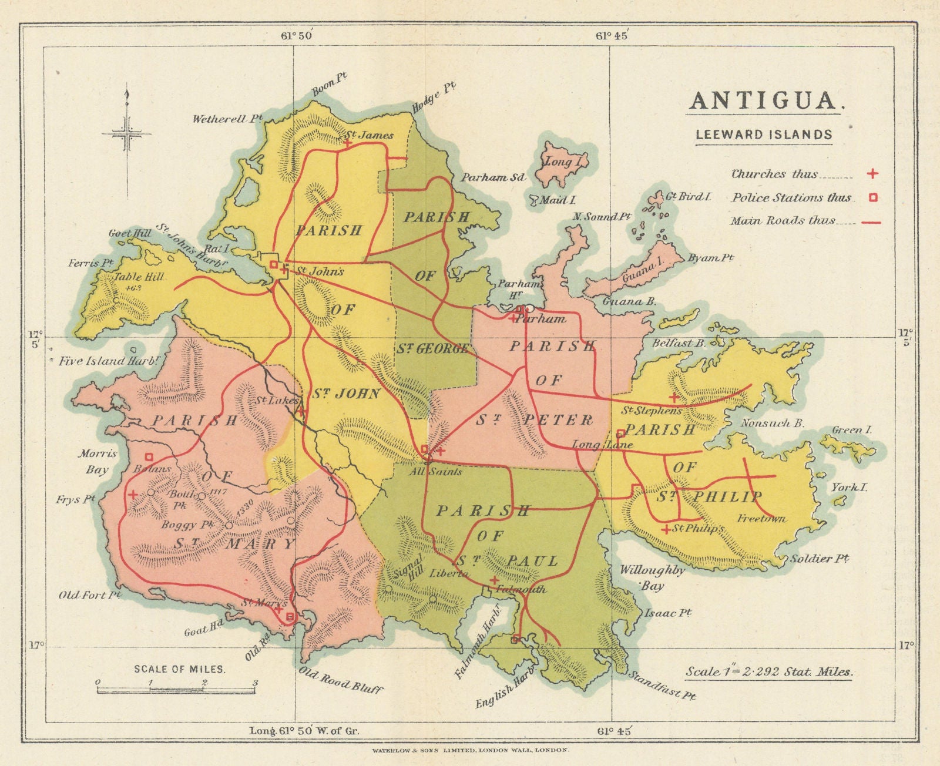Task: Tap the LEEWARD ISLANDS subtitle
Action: pos(764,135)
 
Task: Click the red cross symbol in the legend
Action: pos(873,173)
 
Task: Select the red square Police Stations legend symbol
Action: pos(873,197)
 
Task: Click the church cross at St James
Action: pos(348,143)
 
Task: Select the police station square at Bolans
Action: pos(149,456)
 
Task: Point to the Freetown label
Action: pos(761,519)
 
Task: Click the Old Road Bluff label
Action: pos(341,681)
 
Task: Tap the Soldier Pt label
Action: pos(819,558)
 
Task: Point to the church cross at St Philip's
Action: pos(666,530)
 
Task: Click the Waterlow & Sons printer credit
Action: pos(470,750)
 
